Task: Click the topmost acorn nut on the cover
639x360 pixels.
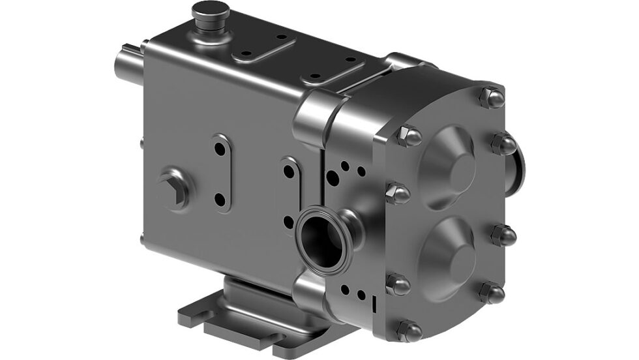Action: [492, 97]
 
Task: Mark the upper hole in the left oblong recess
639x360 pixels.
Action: [220, 149]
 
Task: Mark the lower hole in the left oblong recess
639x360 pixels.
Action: [220, 200]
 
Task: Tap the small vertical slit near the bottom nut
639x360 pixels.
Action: [374, 304]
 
